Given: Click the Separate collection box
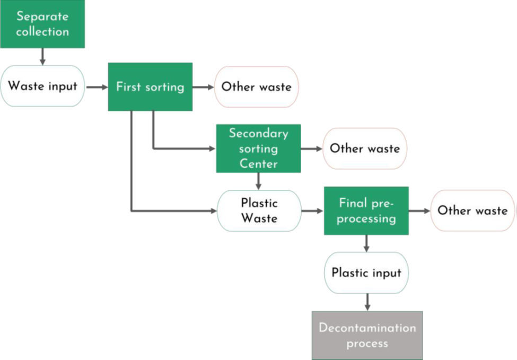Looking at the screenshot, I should point(42,24).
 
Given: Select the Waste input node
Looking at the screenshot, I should point(42,86).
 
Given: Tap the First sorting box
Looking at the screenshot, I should point(150,86).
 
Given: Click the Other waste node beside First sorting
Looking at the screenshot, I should point(257,87).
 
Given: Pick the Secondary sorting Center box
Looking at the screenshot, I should point(258,148).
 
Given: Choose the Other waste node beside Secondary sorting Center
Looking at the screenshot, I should point(365,148).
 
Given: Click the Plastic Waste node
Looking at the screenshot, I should point(259,210).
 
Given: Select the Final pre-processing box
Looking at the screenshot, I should point(366,210).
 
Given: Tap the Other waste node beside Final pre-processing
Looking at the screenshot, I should point(472,210).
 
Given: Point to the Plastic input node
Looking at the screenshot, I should point(366,273).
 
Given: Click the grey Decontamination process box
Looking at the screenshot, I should point(367,335).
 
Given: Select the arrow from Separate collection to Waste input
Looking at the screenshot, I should point(42,56).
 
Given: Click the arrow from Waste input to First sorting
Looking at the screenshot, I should point(97,86).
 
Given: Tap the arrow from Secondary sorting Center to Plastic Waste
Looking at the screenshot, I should point(259,181).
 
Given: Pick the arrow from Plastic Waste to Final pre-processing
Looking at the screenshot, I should point(312,210).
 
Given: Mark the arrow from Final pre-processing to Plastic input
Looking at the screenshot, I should point(366,243).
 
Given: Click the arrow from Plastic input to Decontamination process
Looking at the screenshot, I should point(366,302).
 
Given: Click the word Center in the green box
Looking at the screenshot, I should point(258,163).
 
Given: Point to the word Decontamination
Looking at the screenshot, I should point(367,328).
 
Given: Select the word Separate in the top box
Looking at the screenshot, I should point(42,16).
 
